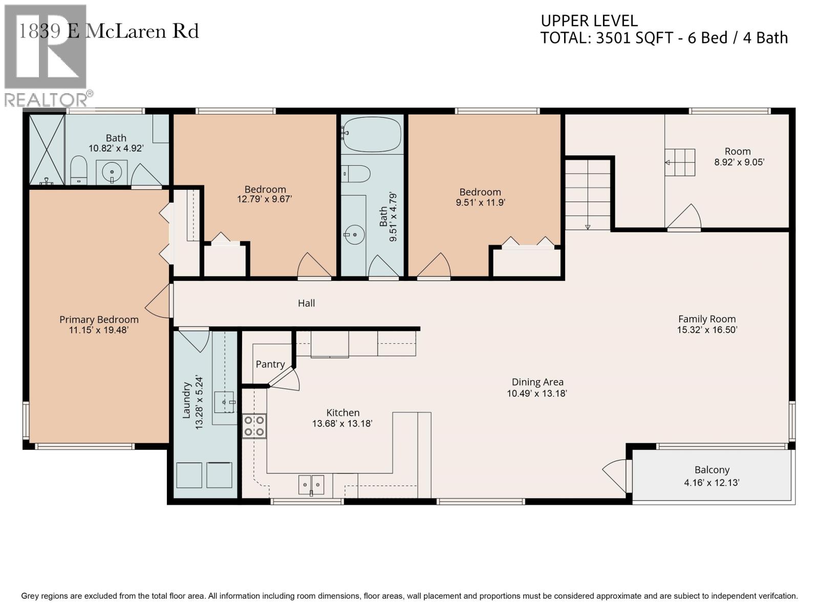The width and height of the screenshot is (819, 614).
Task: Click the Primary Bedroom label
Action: (99, 319)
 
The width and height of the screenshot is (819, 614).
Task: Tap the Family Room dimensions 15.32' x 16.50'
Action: (707, 330)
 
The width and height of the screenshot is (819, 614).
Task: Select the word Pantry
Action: (270, 364)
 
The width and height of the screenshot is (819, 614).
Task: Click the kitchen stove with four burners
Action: (254, 426)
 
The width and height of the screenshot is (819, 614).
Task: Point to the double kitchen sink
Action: (311, 485)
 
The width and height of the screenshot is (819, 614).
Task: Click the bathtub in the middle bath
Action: (372, 134)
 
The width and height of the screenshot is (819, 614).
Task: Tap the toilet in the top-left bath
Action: (79, 170)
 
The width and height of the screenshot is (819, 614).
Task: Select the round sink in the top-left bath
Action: (112, 172)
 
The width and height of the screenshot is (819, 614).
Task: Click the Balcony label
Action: (712, 470)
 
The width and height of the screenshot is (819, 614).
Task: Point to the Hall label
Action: (306, 303)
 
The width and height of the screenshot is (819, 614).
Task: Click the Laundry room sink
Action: (225, 402)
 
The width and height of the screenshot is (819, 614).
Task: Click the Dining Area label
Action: (537, 382)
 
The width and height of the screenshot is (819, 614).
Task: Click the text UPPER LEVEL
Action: (589, 21)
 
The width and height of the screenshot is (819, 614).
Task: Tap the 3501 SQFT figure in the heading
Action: (635, 38)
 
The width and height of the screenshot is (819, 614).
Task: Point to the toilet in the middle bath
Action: (356, 174)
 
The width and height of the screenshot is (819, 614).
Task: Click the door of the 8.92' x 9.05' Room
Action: (684, 217)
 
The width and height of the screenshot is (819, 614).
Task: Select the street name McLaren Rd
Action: (142, 31)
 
